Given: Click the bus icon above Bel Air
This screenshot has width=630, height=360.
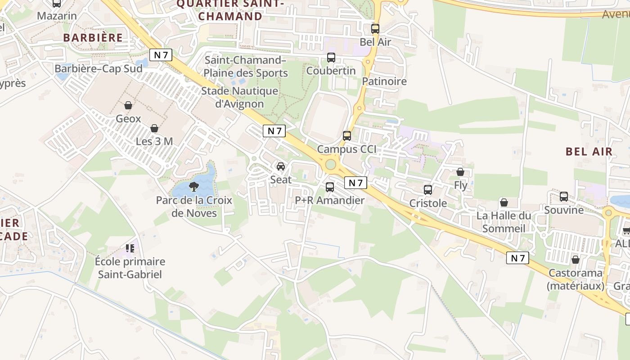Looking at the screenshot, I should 375,29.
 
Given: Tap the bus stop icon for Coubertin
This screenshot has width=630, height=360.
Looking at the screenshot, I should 331,58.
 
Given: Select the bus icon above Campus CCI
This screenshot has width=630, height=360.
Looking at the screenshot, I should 346,135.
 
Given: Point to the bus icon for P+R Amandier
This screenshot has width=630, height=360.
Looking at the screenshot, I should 330,187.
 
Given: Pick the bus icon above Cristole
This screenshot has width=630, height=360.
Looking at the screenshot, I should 428,190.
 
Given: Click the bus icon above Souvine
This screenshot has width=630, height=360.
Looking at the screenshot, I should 564,197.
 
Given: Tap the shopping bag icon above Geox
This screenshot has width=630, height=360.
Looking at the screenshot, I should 128,105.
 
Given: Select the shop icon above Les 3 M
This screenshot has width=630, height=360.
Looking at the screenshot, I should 154,128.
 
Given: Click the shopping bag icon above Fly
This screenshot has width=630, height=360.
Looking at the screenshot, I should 460,172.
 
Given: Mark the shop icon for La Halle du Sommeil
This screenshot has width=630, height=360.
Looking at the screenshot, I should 504,202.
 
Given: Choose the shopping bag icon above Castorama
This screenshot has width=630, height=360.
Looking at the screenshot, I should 575,260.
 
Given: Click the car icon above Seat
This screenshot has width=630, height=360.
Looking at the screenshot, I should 281,166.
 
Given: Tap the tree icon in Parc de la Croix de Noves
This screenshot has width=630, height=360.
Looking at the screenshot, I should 194,186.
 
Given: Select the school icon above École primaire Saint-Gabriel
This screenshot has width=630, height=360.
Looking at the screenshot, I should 130,248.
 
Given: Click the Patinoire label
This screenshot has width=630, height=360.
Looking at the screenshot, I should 384,81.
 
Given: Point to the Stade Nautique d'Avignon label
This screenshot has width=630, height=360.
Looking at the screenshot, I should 239,97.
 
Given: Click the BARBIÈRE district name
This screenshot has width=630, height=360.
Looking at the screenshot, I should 93,37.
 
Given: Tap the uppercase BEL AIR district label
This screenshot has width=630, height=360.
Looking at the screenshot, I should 589,151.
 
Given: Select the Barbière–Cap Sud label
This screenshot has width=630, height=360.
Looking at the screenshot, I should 99,68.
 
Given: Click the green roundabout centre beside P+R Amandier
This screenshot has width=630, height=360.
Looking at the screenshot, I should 331,164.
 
